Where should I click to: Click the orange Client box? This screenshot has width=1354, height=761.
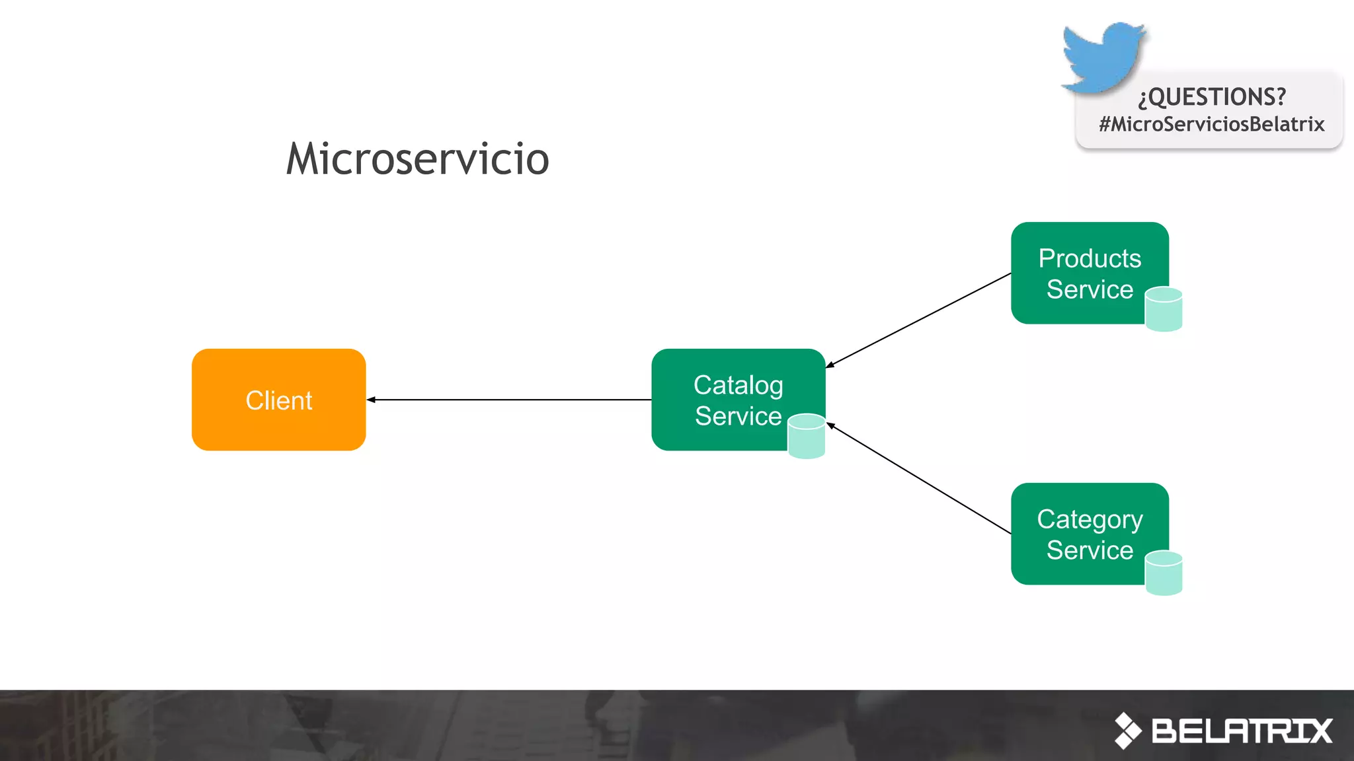[278, 400]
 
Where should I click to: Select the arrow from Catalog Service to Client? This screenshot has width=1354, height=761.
[509, 400]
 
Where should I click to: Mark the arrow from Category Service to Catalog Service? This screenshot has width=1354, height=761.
[919, 479]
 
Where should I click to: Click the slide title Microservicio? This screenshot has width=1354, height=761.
[418, 159]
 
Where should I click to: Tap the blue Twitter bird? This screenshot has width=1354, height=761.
[1103, 56]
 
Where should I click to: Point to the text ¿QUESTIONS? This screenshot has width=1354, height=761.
[1212, 97]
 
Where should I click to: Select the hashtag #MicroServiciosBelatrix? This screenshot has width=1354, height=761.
[1212, 124]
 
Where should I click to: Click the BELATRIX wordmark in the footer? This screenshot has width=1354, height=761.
[1242, 731]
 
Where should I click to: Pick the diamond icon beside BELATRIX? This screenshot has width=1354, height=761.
[1128, 731]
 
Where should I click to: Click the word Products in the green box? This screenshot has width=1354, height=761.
[1090, 258]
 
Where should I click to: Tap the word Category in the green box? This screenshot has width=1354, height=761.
[1090, 520]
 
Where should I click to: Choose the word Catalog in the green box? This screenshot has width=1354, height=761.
[738, 385]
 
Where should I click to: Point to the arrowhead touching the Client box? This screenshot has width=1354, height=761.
[372, 400]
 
